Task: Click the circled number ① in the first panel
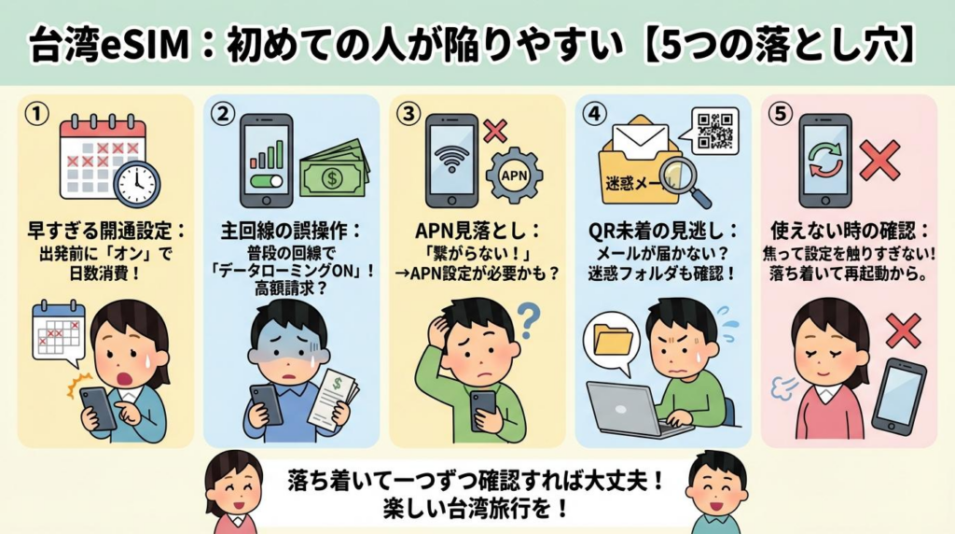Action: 35,114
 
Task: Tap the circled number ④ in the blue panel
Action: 593,114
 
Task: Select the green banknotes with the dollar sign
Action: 334,172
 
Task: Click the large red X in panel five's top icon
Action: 879,160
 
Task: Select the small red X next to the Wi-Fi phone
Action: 495,130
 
